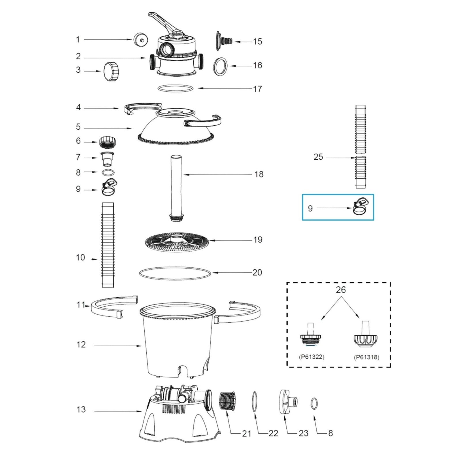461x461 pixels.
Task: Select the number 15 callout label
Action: coord(258,41)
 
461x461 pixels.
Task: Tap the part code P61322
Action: coord(312,357)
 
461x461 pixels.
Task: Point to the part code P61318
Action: coord(366,357)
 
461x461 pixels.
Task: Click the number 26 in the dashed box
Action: coord(341,290)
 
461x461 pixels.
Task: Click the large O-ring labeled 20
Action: coord(175,273)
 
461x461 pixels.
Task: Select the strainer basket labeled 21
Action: coord(228,402)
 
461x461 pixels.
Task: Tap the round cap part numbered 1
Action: coord(141,39)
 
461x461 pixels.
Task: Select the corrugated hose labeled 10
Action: coord(108,245)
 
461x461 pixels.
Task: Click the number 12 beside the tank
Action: coord(81,344)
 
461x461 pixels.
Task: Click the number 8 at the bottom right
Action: coord(330,433)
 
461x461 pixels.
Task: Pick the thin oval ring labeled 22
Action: coord(254,402)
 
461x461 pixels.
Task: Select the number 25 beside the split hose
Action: coord(318,157)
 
